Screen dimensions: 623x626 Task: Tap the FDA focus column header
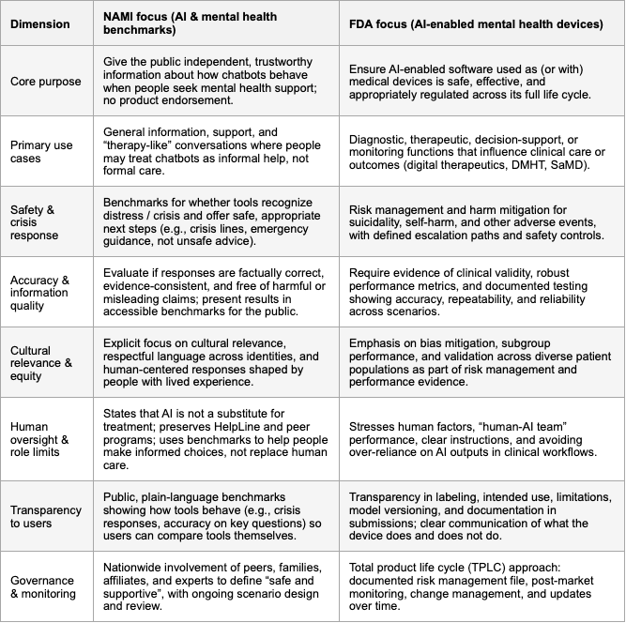(477, 23)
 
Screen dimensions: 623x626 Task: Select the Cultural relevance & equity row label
(39, 364)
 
